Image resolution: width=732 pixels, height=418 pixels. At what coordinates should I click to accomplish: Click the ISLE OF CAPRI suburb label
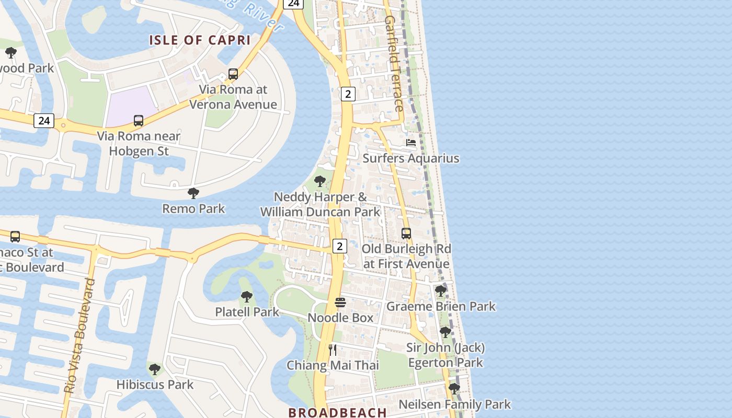point(200,40)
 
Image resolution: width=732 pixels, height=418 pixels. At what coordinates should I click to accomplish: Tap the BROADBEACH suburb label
point(337,412)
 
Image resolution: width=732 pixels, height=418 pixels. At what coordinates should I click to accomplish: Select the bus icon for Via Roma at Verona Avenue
point(233,74)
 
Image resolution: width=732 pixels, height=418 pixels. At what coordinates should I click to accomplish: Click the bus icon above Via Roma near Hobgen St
point(138,121)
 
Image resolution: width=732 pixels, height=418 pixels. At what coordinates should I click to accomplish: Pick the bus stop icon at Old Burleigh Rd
point(406,234)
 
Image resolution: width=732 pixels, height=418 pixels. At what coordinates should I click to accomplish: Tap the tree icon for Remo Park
point(193,193)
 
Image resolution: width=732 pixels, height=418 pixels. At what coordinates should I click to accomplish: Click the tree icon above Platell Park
point(247,297)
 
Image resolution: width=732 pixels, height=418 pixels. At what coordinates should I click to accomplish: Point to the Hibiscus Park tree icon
point(155,369)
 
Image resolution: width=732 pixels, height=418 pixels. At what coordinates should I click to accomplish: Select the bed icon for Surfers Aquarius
point(411,143)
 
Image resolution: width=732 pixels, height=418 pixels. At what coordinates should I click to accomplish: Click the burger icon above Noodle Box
point(340,303)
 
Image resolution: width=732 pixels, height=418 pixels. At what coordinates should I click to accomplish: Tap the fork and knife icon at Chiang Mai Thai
point(333,350)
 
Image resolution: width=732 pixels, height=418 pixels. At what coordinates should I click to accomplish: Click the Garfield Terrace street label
point(394,63)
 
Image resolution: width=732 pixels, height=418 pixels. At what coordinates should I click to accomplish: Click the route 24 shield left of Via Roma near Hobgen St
point(44,121)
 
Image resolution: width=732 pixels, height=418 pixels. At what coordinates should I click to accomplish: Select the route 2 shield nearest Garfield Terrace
point(348,94)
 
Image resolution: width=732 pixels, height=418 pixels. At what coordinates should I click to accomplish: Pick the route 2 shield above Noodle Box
point(340,246)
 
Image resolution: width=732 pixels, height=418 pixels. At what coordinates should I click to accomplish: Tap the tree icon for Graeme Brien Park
point(441,291)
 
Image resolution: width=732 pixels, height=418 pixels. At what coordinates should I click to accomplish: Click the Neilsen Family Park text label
point(454,404)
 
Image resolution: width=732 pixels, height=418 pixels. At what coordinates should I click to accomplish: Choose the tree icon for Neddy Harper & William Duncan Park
point(320,181)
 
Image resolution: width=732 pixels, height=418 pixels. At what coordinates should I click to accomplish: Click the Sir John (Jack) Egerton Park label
point(445,355)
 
